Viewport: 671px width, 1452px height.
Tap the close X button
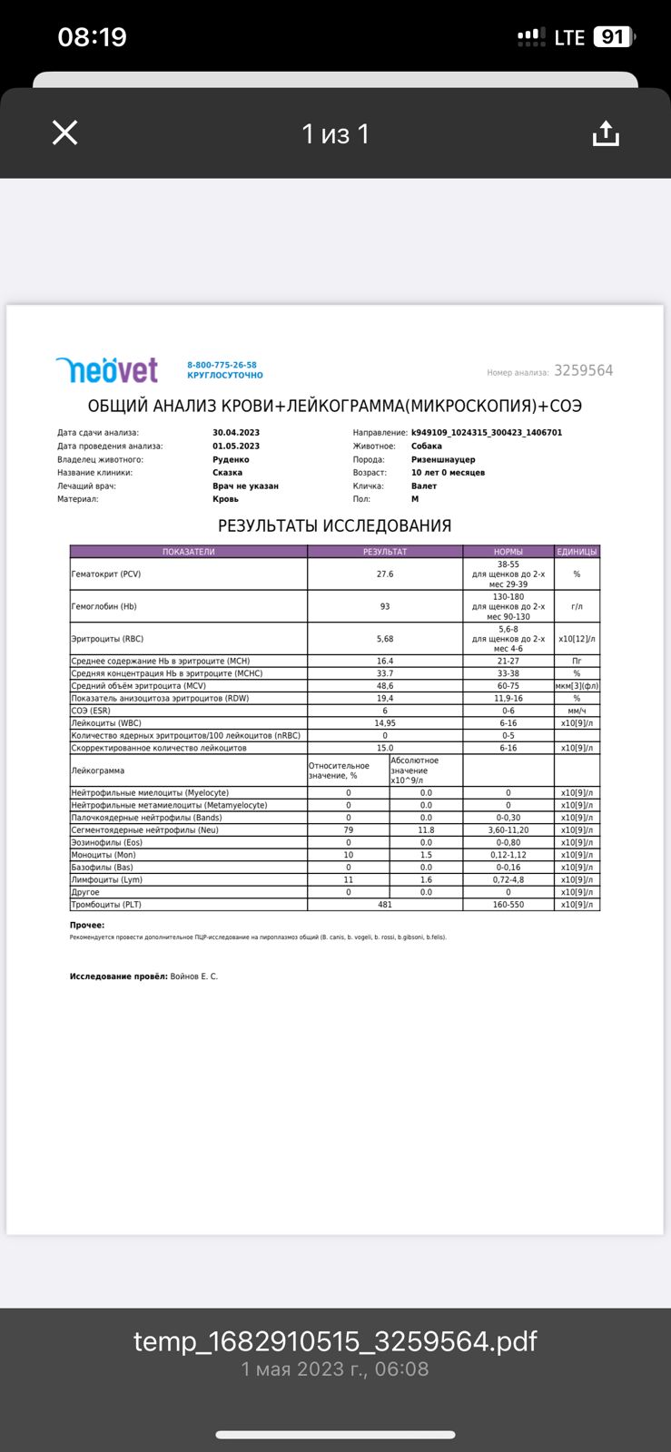[x=65, y=132]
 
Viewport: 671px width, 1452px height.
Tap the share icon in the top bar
[x=606, y=133]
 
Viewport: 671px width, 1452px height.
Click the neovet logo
[x=107, y=369]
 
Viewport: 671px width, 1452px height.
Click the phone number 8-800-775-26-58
[x=222, y=365]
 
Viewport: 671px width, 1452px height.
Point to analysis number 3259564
[x=583, y=370]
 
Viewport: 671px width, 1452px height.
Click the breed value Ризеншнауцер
[x=443, y=459]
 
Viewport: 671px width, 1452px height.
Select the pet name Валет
[x=424, y=486]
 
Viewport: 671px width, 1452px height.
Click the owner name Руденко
[x=231, y=459]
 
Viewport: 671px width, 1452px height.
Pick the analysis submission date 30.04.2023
[x=236, y=433]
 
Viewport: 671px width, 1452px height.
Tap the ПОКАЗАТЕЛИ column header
[x=189, y=552]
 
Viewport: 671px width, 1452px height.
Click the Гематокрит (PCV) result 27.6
[x=385, y=574]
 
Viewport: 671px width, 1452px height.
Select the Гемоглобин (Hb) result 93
[x=385, y=606]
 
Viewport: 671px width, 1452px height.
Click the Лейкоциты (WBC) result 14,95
[x=385, y=723]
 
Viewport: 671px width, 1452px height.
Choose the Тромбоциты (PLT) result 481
[x=385, y=905]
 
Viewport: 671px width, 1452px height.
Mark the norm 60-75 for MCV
[x=508, y=686]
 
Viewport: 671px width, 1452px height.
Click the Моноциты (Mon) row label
[x=104, y=855]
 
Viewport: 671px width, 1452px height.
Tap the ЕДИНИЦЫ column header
[x=577, y=552]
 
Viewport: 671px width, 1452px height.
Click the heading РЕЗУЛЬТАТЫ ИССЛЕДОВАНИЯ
[x=334, y=525]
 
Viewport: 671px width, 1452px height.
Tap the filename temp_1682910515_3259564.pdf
[x=335, y=1341]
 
